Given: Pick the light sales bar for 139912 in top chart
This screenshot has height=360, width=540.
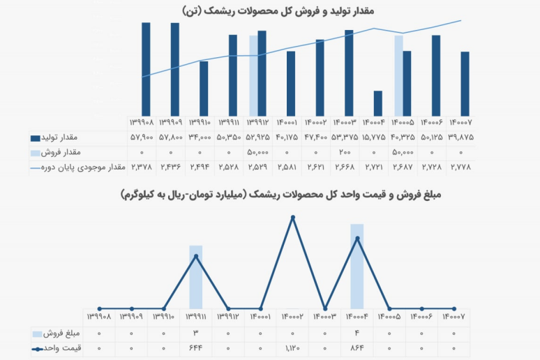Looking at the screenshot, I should [253, 75].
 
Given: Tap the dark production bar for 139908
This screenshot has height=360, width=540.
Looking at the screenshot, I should [146, 68].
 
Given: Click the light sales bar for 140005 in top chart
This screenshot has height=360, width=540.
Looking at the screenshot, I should [398, 75].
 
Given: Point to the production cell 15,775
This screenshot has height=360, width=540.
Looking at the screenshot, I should [377, 137].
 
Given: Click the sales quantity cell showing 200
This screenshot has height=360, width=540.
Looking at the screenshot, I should [345, 151].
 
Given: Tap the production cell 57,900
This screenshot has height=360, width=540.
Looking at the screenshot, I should [142, 137].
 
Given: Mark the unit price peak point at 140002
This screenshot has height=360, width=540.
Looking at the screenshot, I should [292, 218].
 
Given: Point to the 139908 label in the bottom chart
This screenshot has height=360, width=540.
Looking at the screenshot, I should [99, 317].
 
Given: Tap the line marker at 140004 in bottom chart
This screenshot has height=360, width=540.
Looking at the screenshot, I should [357, 239].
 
